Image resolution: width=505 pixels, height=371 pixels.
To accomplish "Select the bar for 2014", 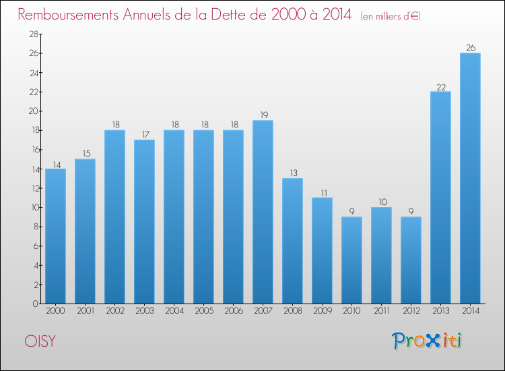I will point(470,178).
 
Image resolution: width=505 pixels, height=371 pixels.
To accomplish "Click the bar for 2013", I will point(440,198).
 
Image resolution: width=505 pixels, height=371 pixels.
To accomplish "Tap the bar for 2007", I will point(263,212).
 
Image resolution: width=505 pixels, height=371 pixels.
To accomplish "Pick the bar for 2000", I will point(55,236).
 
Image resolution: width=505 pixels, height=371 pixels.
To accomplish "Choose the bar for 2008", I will point(292,241).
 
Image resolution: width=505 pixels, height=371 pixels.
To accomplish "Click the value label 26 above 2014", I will point(470,48).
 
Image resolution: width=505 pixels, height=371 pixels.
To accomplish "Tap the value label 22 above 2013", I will point(440,86).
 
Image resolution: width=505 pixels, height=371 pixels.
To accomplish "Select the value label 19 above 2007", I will point(263,115).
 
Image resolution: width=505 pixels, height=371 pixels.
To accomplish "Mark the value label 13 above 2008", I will point(292,173).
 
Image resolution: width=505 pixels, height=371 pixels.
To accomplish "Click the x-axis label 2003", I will point(144,311).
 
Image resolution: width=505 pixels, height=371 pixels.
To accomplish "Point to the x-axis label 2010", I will point(351,311).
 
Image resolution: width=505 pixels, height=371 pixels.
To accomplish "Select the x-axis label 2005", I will point(203,311).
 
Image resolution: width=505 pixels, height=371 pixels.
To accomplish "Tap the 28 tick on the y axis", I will point(32,34).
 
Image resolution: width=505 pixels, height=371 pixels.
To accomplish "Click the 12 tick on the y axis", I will point(32,188).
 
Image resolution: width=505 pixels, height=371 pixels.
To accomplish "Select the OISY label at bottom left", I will point(40,341).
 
